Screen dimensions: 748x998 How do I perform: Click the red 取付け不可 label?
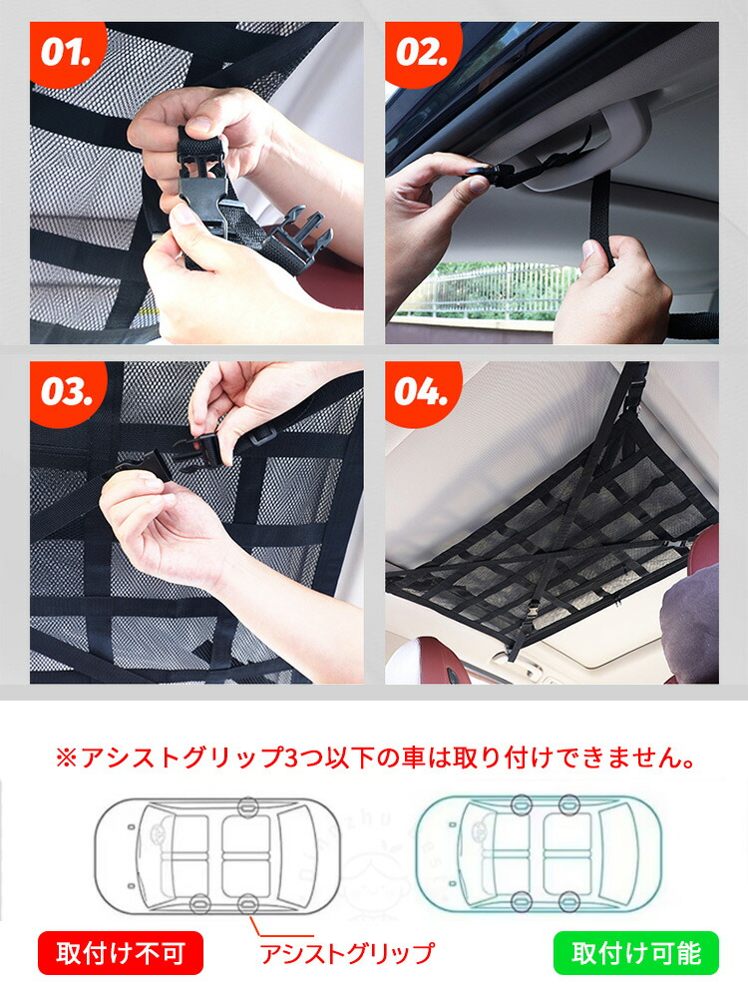pos(121,953)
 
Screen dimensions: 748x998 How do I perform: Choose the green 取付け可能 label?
pos(636,953)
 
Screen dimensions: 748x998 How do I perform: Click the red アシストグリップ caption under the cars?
pos(347,953)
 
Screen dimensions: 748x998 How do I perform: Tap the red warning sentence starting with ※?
pos(375,757)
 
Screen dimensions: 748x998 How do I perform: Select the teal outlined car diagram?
pos(539,854)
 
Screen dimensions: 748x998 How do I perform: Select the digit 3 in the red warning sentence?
pos(290,758)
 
